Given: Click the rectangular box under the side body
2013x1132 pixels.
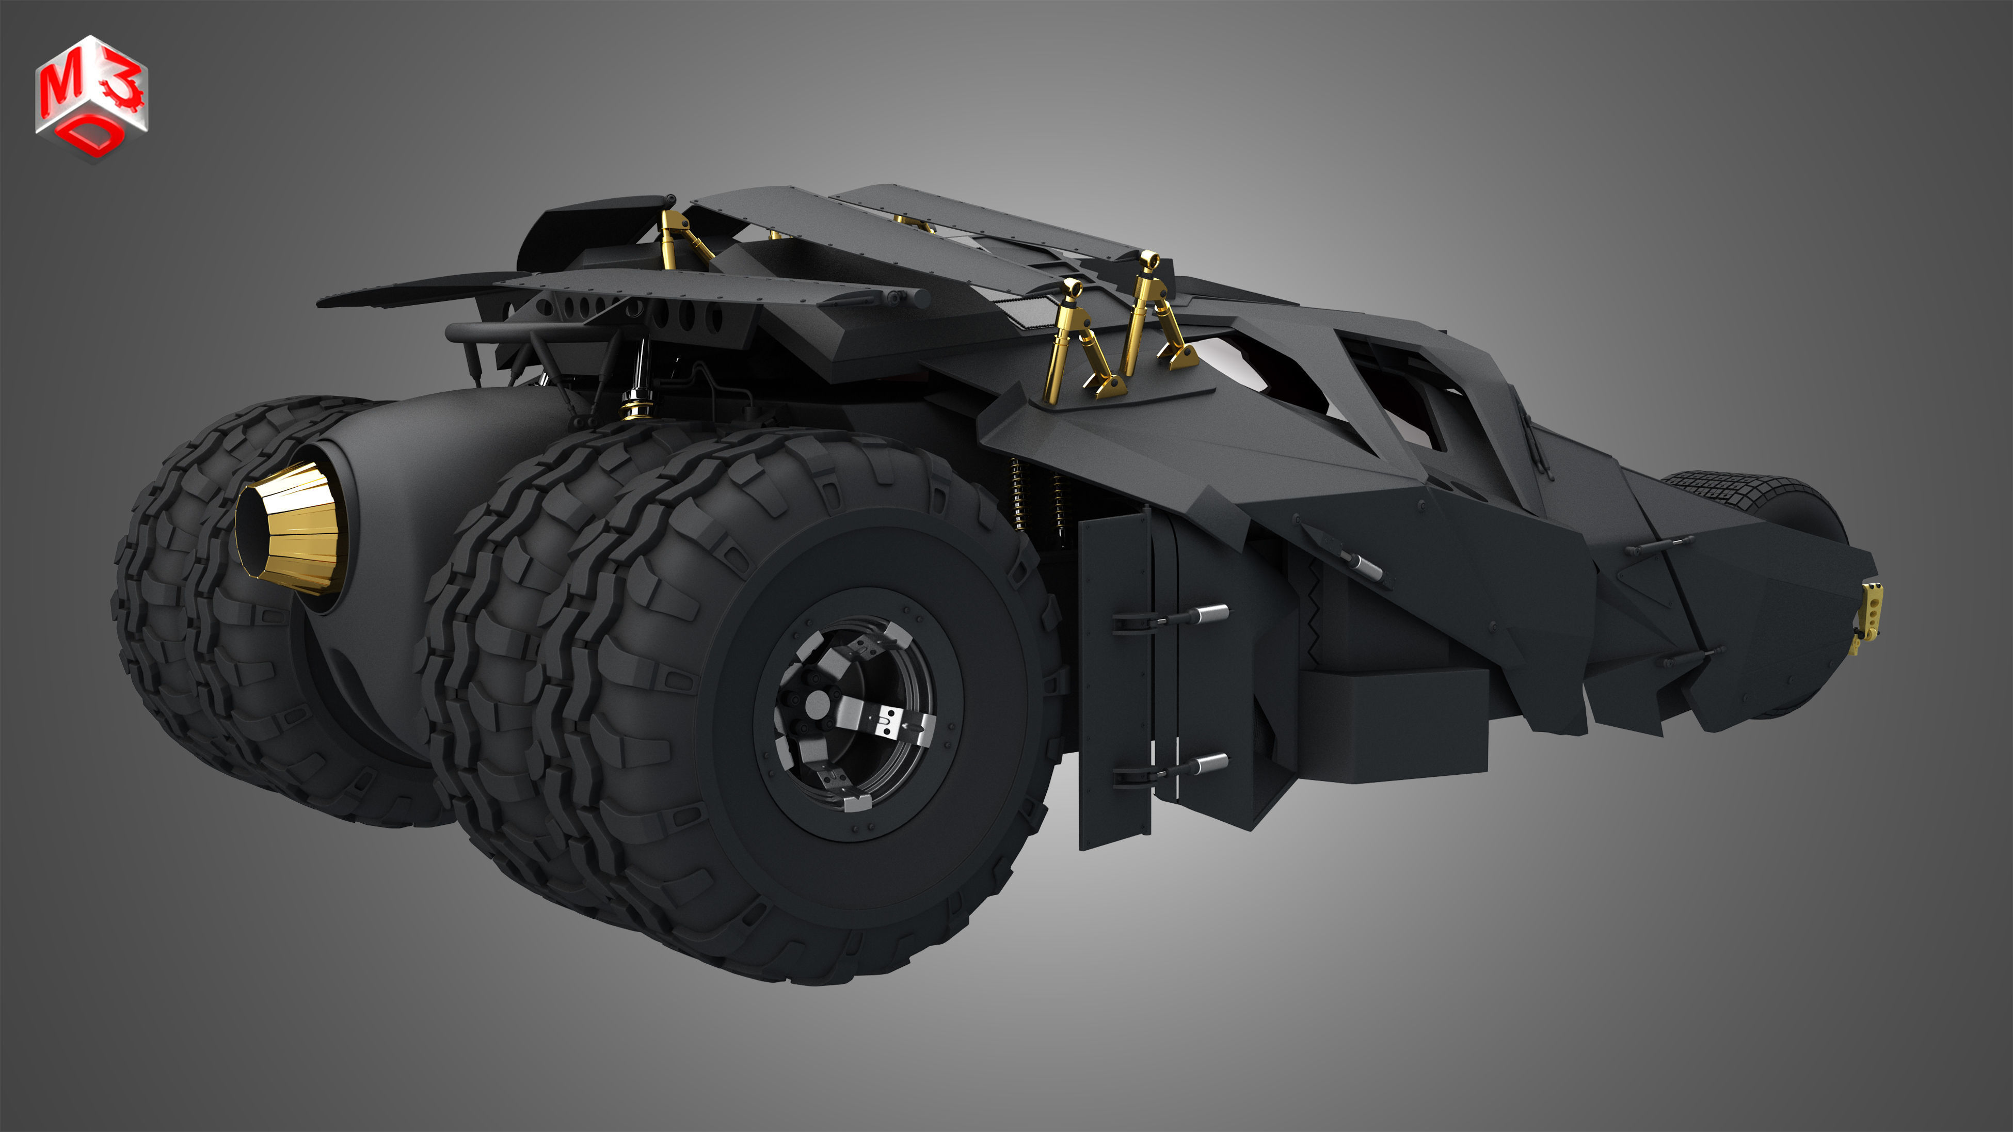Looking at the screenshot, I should point(1395,723).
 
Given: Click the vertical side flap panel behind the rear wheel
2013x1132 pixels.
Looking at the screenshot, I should point(1113,680).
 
